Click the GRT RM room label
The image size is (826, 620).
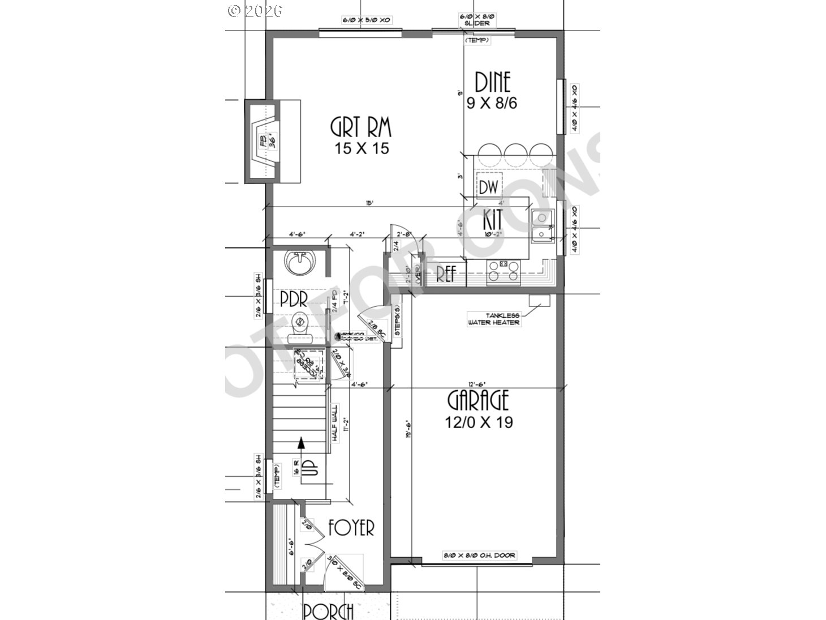[360, 127]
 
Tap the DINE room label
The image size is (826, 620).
[492, 83]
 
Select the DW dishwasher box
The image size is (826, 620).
[488, 187]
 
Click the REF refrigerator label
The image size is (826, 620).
[446, 274]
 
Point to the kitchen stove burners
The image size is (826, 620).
[503, 270]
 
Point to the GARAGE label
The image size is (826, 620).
[478, 400]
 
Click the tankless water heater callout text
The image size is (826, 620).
[493, 319]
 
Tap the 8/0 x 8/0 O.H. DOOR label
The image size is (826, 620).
[479, 555]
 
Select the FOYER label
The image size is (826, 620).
[352, 528]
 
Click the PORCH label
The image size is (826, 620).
[328, 612]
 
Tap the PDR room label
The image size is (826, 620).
[294, 300]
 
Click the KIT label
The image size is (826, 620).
[493, 218]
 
